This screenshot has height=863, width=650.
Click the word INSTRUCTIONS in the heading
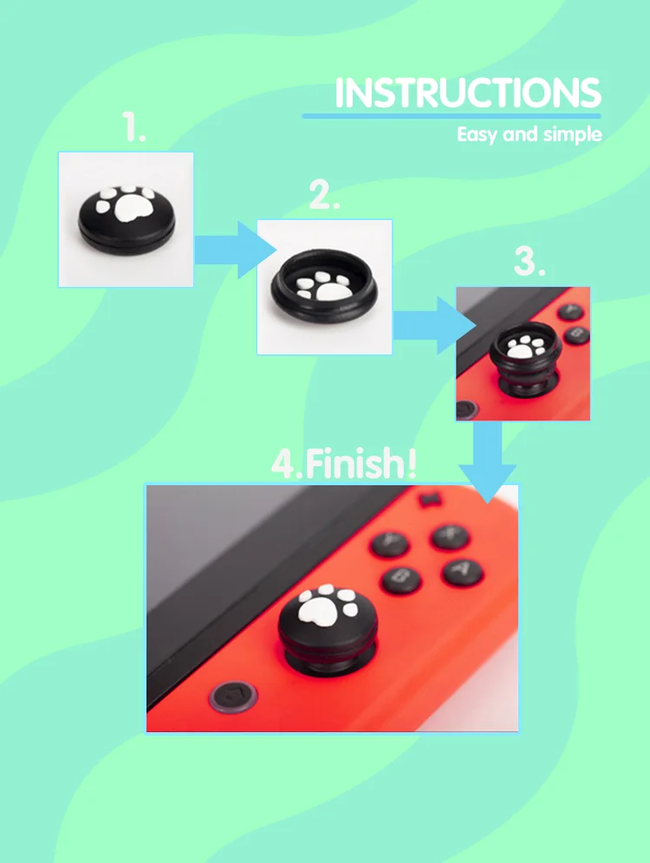click(x=468, y=93)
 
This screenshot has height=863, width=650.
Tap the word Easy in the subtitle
click(x=477, y=135)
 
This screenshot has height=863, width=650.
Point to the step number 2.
click(x=324, y=194)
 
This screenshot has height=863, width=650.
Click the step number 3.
click(x=530, y=261)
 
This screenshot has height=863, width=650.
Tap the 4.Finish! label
click(x=344, y=464)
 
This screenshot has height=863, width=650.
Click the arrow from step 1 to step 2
click(x=235, y=250)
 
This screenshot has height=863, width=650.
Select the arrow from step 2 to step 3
click(x=434, y=325)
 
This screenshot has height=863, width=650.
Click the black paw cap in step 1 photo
click(x=127, y=218)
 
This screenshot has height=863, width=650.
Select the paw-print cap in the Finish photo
click(x=328, y=628)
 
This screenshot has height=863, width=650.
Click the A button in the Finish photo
click(x=462, y=572)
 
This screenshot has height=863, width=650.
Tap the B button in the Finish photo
click(x=401, y=580)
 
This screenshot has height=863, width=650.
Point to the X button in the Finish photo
click(x=450, y=536)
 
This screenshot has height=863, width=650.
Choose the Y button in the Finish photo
click(x=390, y=544)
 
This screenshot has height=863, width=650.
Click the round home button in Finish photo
click(x=233, y=698)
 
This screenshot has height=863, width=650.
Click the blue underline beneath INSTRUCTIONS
click(x=452, y=116)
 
